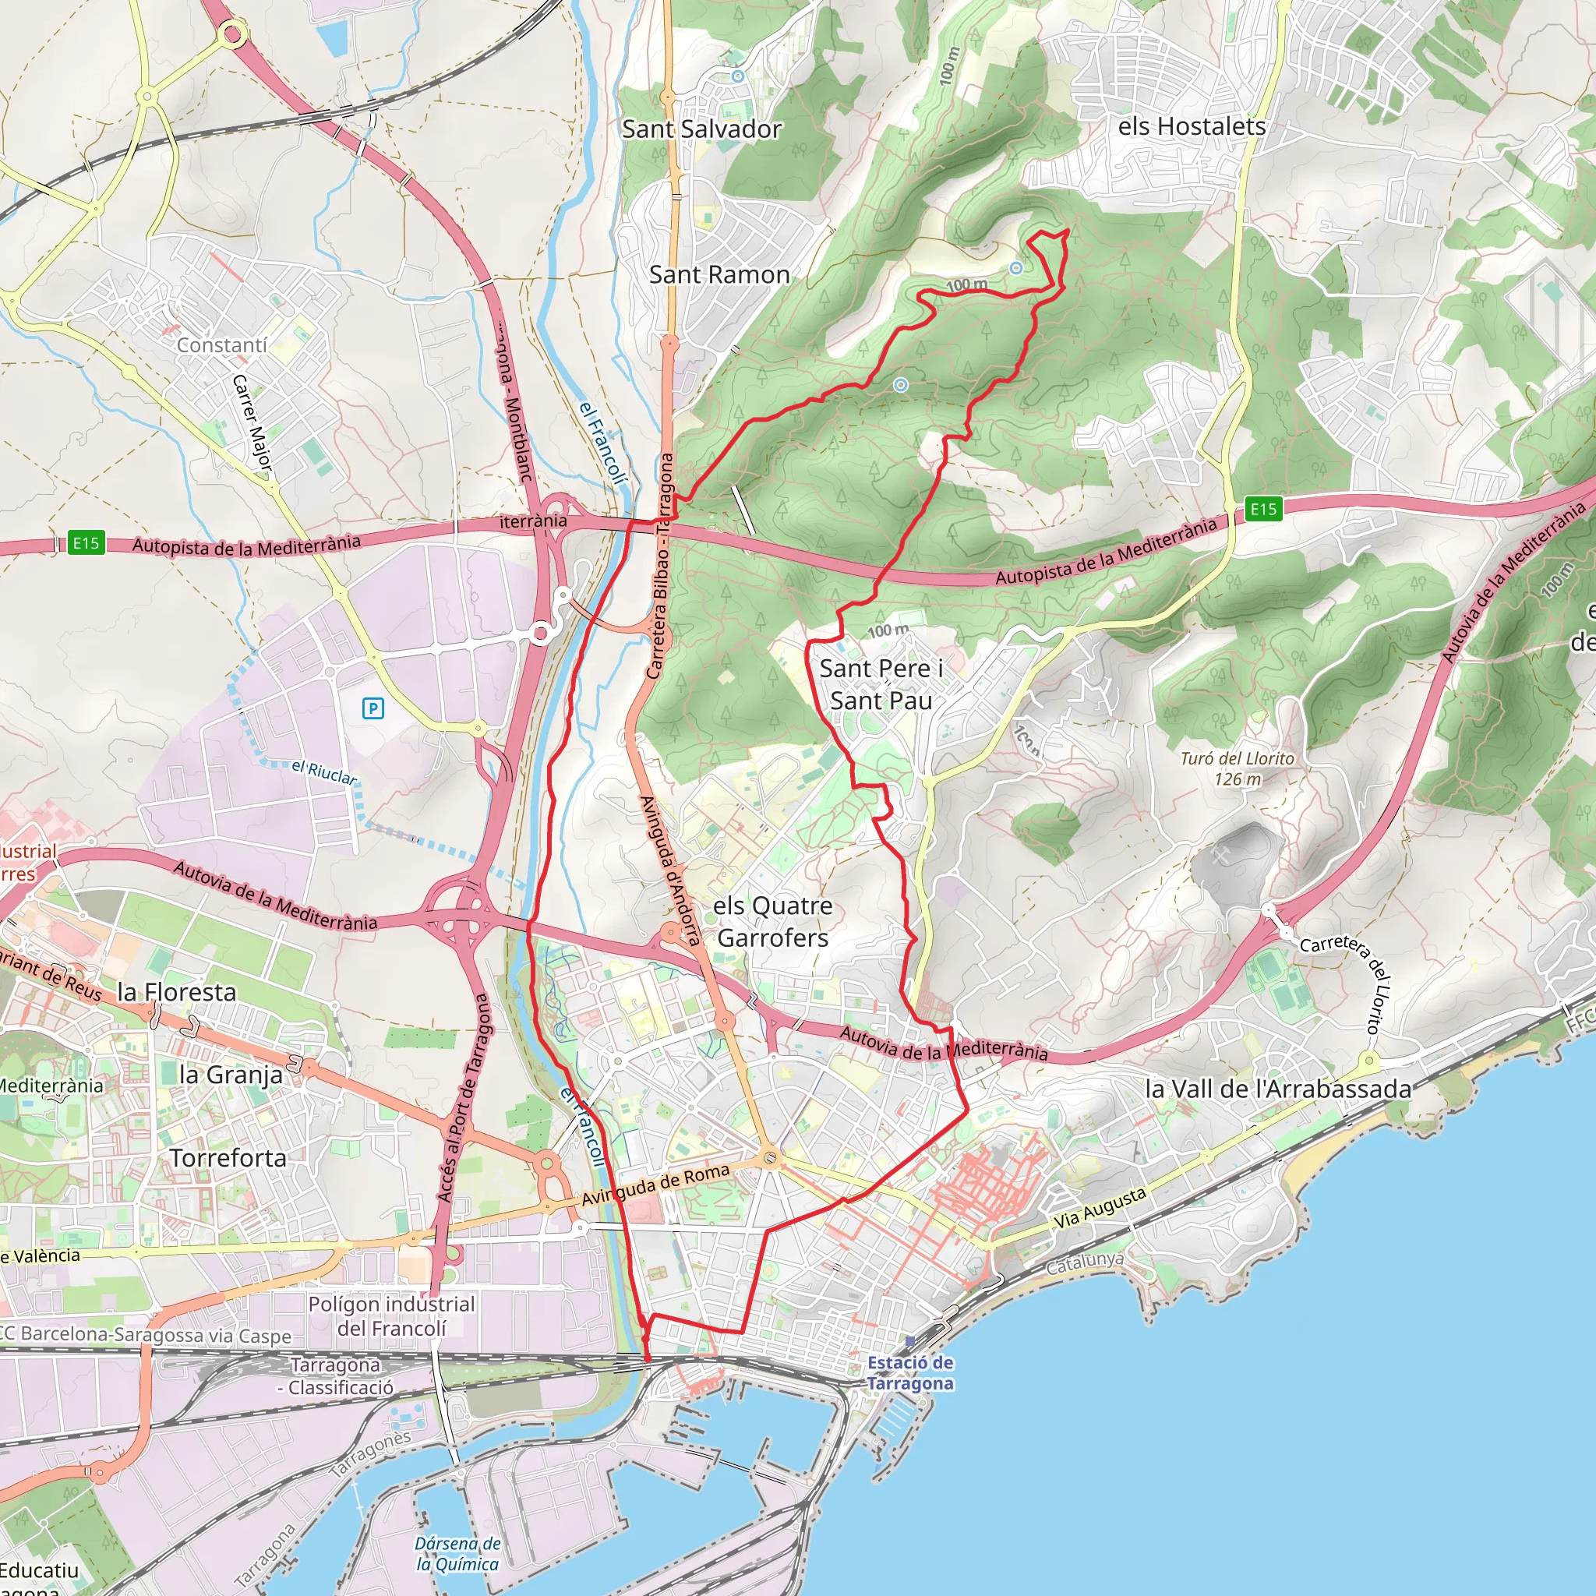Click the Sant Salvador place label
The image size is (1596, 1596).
click(701, 129)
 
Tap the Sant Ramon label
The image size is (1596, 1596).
click(719, 274)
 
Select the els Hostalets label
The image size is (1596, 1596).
click(1192, 126)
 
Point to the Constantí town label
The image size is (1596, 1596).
click(221, 344)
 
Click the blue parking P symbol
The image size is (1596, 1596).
click(373, 708)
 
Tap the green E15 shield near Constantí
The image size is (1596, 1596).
click(86, 542)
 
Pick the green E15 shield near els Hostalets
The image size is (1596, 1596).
click(1263, 509)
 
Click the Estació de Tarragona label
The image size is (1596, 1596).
click(910, 1373)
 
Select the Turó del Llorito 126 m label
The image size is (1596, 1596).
click(1238, 768)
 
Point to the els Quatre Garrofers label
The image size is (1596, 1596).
click(772, 921)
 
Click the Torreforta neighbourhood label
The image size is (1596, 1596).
click(228, 1158)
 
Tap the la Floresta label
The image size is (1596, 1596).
click(177, 991)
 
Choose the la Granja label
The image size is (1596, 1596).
click(231, 1075)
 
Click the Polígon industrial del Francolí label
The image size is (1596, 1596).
click(391, 1316)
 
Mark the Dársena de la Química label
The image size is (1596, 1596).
click(457, 1554)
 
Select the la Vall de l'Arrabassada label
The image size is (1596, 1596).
click(1278, 1089)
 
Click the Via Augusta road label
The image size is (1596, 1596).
click(1100, 1208)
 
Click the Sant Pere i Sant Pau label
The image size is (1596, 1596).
click(881, 684)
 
